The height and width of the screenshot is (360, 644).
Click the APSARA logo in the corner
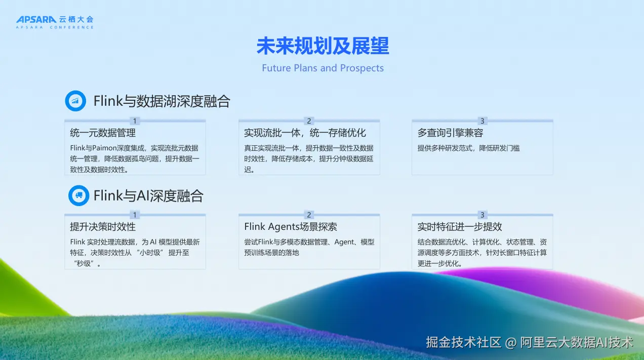coord(55,22)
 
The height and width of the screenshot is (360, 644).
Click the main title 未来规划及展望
coord(323,46)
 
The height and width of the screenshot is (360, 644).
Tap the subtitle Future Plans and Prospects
coord(323,68)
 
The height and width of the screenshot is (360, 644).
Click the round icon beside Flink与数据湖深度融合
coord(75,101)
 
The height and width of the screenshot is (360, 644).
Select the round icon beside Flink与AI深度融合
coord(79,195)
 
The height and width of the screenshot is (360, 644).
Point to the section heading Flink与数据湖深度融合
coord(162,101)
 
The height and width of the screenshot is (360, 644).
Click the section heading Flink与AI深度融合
coord(149,196)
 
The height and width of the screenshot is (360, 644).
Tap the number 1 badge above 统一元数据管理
coord(135,121)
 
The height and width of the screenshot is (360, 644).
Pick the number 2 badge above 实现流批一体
coord(309,121)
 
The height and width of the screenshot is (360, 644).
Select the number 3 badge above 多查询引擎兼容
coord(482,121)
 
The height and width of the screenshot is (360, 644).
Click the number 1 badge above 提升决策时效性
coord(135,215)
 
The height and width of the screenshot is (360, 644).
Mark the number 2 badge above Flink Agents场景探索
coord(309,215)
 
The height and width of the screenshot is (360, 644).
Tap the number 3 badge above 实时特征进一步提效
coord(482,215)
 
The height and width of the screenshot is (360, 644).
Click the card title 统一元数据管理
coord(103,133)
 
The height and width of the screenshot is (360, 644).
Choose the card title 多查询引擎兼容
coord(450,133)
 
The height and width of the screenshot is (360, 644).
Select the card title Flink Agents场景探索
coord(291,226)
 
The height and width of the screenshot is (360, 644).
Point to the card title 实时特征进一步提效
coord(460,226)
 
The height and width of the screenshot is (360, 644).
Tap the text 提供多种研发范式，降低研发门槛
coord(469,148)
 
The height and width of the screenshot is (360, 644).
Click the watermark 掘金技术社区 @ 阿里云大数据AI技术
coord(530,342)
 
